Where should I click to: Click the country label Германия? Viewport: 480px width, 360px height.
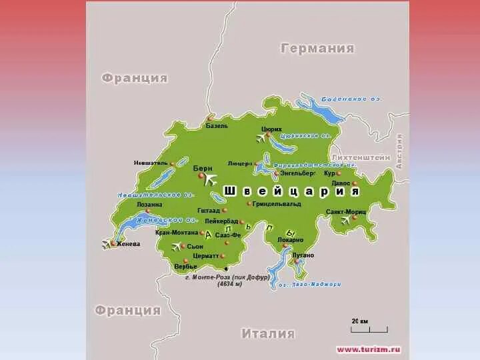pyautogui.click(x=317, y=49)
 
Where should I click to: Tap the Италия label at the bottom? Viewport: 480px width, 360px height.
pyautogui.click(x=268, y=333)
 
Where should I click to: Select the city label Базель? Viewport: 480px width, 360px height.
pyautogui.click(x=217, y=125)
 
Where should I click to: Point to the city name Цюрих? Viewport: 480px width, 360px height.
pyautogui.click(x=271, y=129)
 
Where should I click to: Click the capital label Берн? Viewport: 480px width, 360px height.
pyautogui.click(x=203, y=169)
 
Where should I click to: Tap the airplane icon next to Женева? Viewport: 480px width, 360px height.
pyautogui.click(x=107, y=244)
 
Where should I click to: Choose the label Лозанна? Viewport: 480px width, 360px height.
pyautogui.click(x=149, y=205)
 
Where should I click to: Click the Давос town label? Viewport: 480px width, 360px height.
pyautogui.click(x=341, y=183)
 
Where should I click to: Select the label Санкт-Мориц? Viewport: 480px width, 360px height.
pyautogui.click(x=345, y=211)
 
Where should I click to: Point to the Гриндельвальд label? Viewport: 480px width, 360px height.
pyautogui.click(x=276, y=203)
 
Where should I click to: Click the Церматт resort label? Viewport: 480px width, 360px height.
pyautogui.click(x=205, y=255)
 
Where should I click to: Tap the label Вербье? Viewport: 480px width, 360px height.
pyautogui.click(x=186, y=266)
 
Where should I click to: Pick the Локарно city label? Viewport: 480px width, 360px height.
pyautogui.click(x=289, y=239)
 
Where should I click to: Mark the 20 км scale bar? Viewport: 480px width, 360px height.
pyautogui.click(x=370, y=327)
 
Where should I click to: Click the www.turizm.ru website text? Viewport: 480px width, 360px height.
pyautogui.click(x=369, y=349)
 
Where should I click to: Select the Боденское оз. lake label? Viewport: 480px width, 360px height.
pyautogui.click(x=351, y=99)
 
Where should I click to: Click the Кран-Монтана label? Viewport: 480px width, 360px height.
pyautogui.click(x=177, y=233)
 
